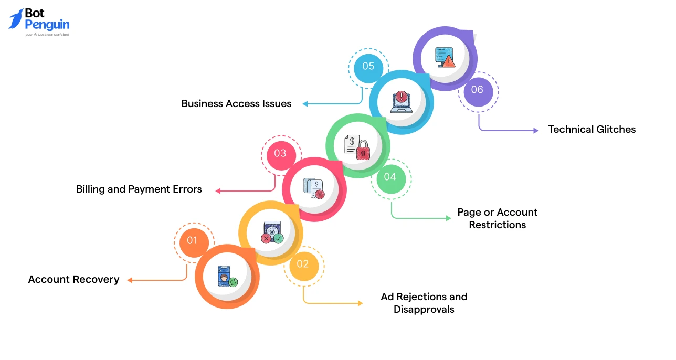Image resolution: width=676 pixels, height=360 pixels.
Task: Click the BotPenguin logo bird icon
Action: (x=16, y=19)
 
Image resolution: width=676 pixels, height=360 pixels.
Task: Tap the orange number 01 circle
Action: (x=192, y=240)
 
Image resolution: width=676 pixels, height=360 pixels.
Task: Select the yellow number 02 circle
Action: (x=303, y=264)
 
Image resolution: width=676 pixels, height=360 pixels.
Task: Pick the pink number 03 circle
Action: (x=280, y=153)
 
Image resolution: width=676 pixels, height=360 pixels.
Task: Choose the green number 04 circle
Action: (x=390, y=177)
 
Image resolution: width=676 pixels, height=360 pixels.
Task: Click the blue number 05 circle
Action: (x=368, y=66)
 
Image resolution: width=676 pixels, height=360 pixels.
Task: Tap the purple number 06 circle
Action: (x=477, y=90)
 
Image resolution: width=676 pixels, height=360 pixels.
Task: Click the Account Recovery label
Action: (x=73, y=280)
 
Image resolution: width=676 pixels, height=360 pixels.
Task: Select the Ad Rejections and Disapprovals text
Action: (x=424, y=303)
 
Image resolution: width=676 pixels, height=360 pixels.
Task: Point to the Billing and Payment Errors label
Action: (x=139, y=189)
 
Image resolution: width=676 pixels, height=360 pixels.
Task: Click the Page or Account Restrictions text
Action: (x=498, y=218)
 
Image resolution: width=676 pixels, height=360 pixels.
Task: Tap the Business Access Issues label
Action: (x=236, y=103)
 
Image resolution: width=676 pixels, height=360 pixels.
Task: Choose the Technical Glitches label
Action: (x=591, y=129)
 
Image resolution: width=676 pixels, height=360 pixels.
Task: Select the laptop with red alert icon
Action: (x=401, y=102)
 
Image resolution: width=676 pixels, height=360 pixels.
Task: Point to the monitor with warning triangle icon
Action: (x=445, y=57)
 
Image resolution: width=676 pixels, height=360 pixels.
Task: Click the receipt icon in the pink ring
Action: (x=314, y=188)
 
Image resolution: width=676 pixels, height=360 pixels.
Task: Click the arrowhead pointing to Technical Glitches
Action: (x=536, y=131)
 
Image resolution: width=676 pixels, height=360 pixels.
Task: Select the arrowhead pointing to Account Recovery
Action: (x=130, y=280)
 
